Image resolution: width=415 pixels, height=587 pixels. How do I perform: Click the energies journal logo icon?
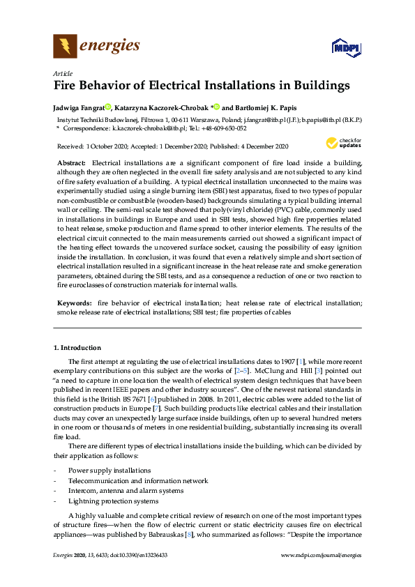[66, 47]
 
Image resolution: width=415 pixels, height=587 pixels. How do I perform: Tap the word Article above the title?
[61, 73]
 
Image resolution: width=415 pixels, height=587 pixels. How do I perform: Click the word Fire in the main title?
[68, 86]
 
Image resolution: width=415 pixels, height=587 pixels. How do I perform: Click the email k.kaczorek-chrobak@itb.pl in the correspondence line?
[146, 128]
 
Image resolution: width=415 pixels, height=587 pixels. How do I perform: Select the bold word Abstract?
[71, 162]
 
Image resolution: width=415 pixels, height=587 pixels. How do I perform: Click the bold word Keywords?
[74, 304]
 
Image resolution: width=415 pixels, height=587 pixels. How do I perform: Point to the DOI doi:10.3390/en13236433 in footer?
[140, 574]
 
